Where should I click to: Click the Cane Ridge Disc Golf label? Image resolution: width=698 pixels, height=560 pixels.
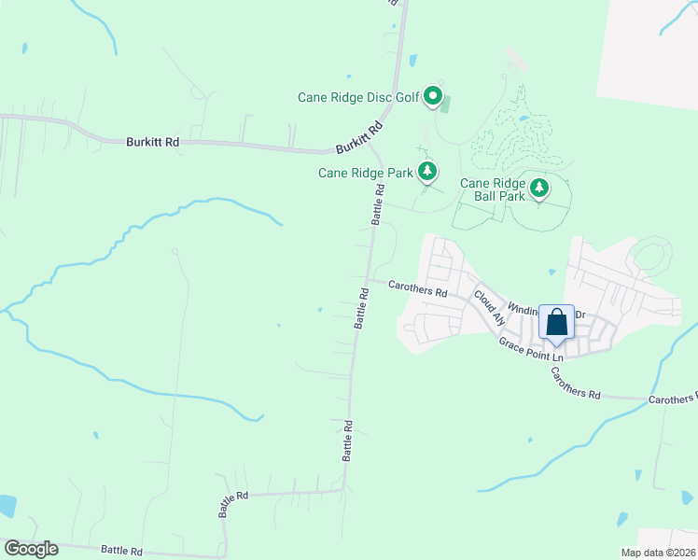pos(357,96)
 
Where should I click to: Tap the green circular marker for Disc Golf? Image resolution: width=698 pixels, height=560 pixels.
pos(433,95)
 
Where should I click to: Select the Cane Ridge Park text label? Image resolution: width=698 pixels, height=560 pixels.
pos(365,173)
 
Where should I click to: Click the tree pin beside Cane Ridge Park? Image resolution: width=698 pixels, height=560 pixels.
pos(427,170)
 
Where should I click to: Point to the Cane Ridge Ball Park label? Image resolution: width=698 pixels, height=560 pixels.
pos(493,190)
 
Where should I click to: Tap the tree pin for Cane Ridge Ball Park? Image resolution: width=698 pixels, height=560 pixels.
pos(539,189)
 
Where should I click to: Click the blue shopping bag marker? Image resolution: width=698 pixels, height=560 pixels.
pos(557,323)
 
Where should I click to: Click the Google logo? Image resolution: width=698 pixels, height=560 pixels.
pos(31,549)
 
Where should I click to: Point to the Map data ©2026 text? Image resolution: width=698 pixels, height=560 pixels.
pos(658,553)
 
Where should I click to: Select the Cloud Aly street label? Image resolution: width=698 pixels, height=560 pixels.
pos(489,307)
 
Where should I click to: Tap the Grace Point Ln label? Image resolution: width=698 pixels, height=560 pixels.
pos(532,350)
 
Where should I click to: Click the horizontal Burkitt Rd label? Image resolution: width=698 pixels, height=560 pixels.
pos(152,142)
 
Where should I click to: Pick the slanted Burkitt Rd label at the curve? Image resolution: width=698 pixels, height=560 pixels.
pos(359,138)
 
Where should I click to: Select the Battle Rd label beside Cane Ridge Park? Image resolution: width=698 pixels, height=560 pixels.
pos(378,203)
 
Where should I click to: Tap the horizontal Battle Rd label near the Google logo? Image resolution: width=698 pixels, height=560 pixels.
pos(121,552)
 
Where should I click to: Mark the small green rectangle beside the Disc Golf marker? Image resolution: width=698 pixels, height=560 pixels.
pos(445,103)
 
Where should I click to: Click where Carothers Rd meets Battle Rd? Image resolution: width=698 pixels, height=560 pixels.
pos(367,279)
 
